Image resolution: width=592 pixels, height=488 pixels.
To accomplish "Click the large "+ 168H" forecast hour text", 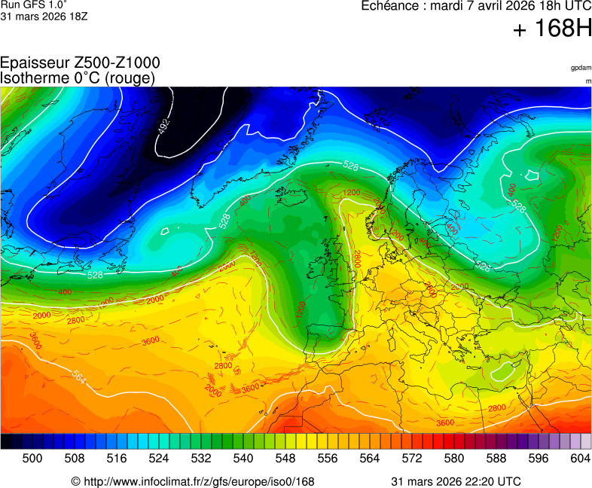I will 551,29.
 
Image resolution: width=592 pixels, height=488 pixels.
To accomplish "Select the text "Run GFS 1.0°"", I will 31,5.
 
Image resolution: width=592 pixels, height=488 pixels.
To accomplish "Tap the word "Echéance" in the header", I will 391,5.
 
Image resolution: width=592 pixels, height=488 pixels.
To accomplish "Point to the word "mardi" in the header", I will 446,5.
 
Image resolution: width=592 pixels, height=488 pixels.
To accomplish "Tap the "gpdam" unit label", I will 580,68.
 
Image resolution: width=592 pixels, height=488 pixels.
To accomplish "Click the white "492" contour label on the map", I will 164,126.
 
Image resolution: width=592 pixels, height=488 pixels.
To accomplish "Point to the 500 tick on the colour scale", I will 32,458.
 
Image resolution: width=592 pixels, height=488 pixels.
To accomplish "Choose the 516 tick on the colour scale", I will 116,458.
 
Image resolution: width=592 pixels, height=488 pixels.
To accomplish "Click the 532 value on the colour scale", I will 200,458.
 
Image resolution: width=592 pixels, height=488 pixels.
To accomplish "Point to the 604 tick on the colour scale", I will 580,458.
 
